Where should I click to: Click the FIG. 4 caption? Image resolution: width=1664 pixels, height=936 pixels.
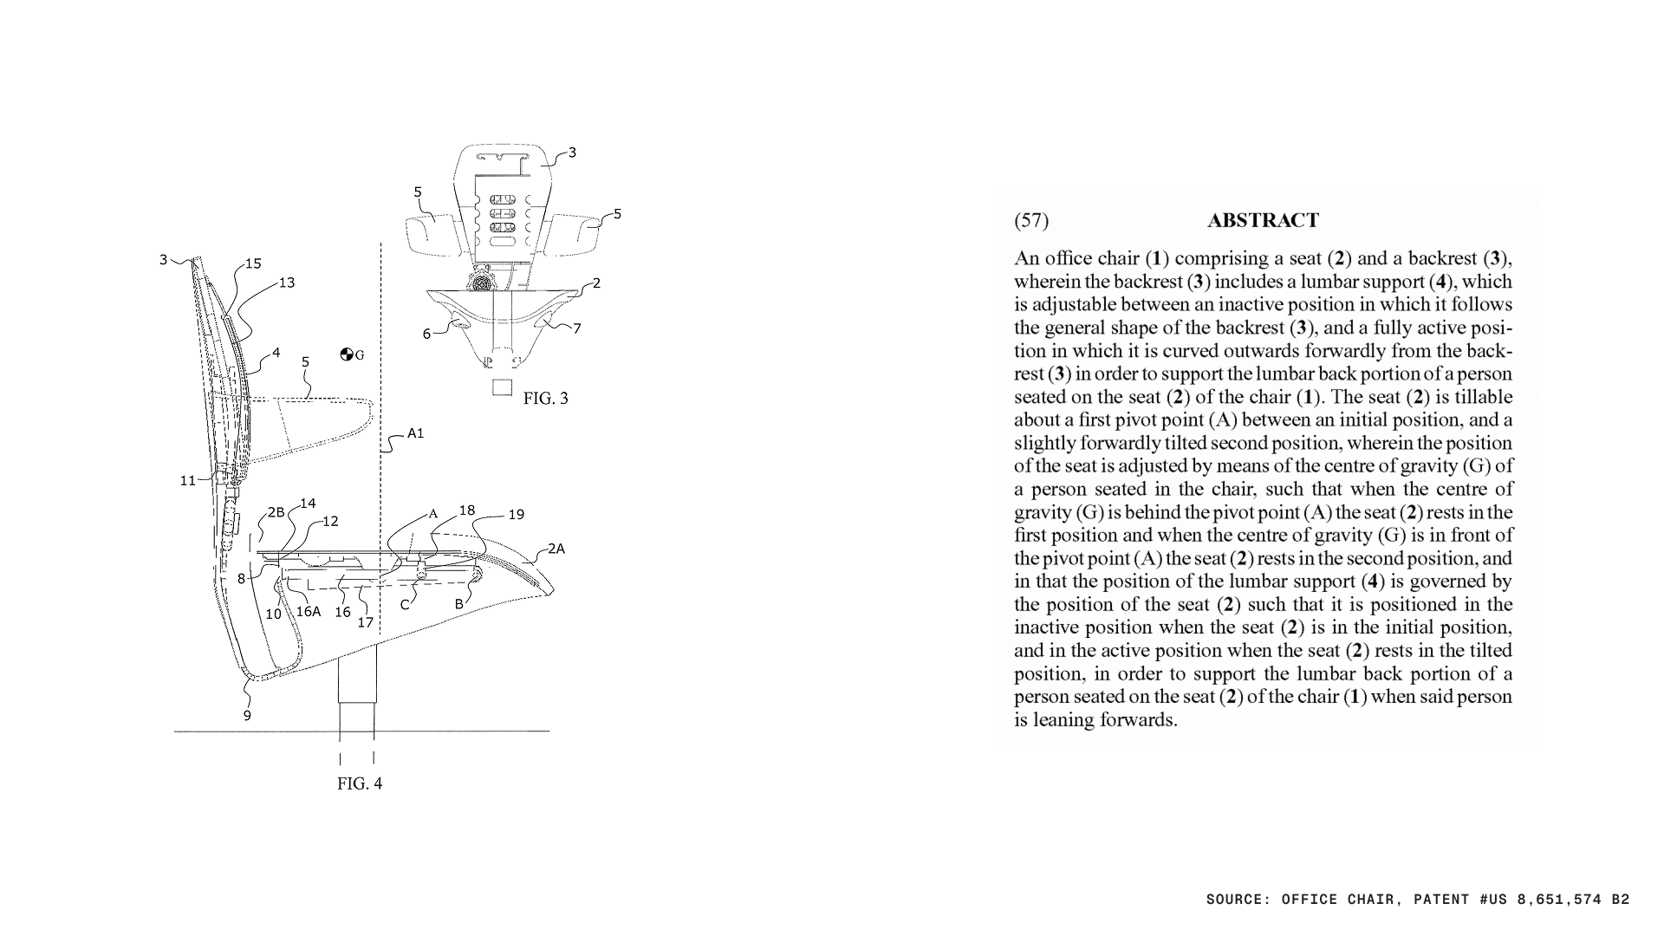click(360, 783)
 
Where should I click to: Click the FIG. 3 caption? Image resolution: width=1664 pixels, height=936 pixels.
click(546, 399)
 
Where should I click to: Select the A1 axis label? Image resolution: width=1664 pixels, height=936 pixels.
click(416, 433)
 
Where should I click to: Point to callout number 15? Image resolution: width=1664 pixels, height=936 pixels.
click(252, 263)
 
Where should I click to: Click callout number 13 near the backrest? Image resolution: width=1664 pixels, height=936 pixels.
click(286, 283)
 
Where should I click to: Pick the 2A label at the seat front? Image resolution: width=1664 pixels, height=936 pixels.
click(556, 549)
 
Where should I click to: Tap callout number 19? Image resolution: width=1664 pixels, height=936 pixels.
click(516, 515)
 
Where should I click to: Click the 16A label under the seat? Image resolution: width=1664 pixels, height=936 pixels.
click(309, 611)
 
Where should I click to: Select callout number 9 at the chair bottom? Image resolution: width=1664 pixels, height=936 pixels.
click(247, 716)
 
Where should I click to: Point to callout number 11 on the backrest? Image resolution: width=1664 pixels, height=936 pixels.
click(188, 481)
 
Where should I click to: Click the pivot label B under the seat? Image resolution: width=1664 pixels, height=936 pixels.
click(460, 604)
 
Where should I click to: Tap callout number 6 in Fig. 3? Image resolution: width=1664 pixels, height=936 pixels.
click(426, 334)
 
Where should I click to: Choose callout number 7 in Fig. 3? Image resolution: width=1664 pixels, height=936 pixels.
click(577, 328)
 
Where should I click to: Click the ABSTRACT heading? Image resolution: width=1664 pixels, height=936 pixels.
click(1263, 220)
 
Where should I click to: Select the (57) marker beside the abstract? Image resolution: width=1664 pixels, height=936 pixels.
click(1030, 220)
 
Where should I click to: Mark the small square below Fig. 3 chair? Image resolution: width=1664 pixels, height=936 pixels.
click(502, 387)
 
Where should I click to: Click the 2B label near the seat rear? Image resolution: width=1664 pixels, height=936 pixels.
click(276, 512)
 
